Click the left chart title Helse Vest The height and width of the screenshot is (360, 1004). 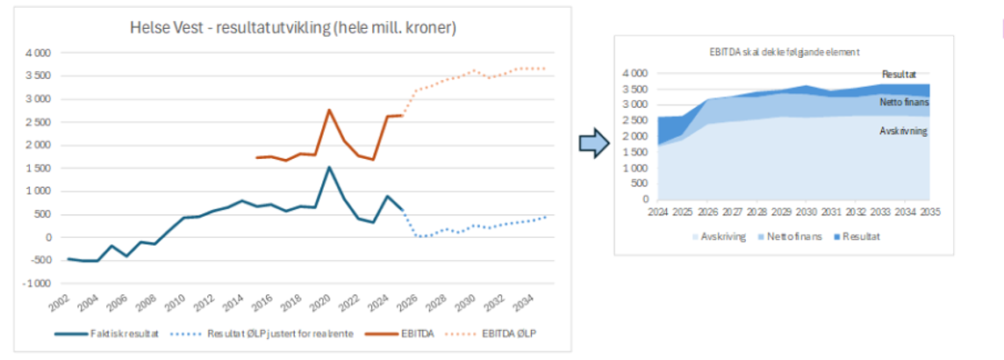pyautogui.click(x=292, y=29)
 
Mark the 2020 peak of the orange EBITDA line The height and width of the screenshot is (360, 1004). pyautogui.click(x=329, y=110)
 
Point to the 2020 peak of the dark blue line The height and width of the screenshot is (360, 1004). pyautogui.click(x=329, y=167)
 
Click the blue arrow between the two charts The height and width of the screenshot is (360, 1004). pyautogui.click(x=593, y=144)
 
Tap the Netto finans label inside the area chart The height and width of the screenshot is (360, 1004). pyautogui.click(x=903, y=103)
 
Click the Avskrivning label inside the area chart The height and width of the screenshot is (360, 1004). pyautogui.click(x=903, y=131)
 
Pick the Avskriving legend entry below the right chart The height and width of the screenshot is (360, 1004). pyautogui.click(x=720, y=237)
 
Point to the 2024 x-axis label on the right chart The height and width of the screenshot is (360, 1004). pyautogui.click(x=657, y=212)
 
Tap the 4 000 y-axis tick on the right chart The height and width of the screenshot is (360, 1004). pyautogui.click(x=635, y=73)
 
